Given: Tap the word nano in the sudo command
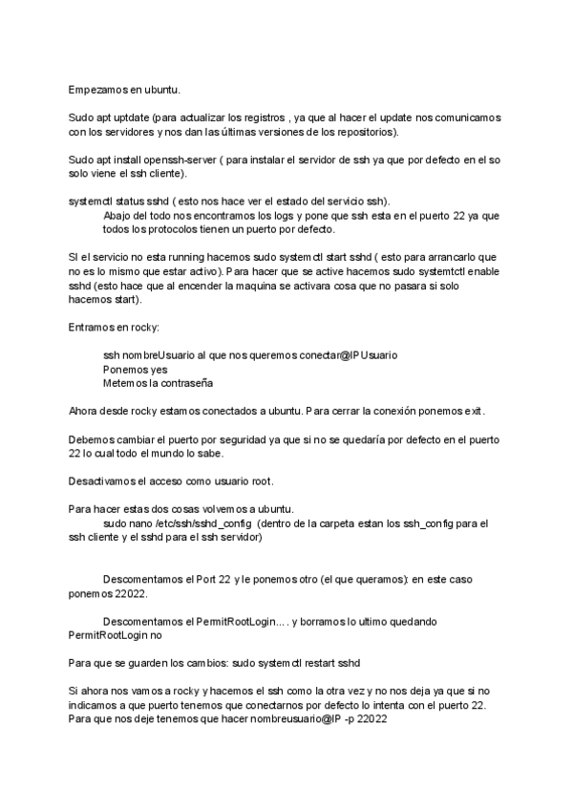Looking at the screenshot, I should pyautogui.click(x=138, y=523).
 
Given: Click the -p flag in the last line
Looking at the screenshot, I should pyautogui.click(x=349, y=719).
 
